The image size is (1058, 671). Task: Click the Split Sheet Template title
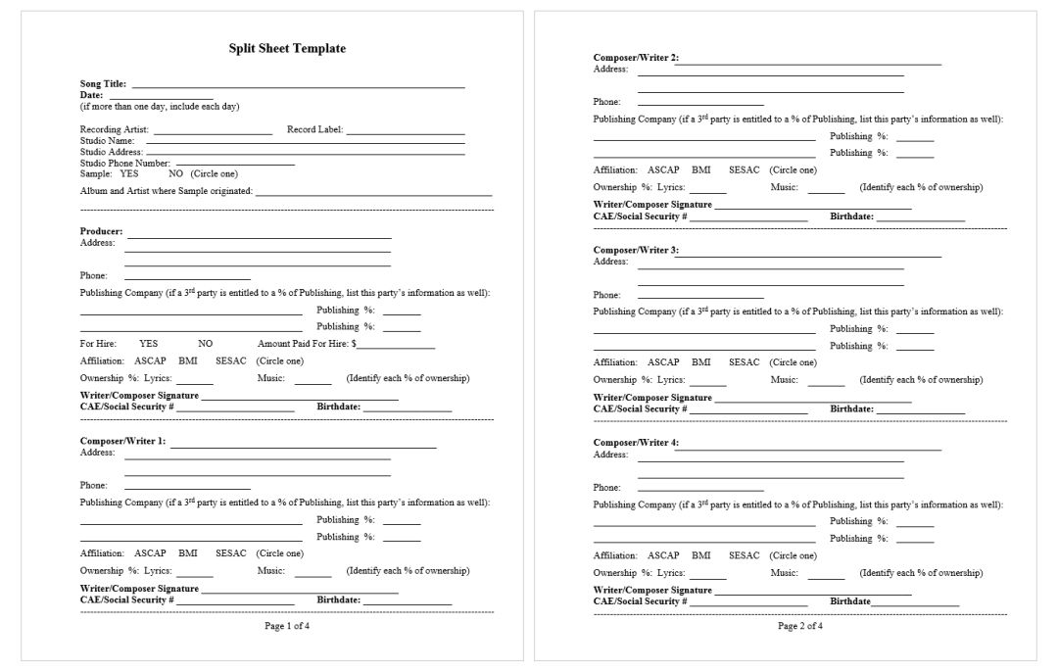287,49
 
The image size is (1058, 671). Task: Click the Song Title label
103,84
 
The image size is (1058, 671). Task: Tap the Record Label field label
314,129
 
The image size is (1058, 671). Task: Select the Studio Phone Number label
125,163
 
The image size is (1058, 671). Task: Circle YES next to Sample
129,173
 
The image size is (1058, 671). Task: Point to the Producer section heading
101,231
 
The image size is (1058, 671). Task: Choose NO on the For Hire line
205,344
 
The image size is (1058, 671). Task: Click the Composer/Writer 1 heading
122,441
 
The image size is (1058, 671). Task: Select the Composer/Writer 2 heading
635,58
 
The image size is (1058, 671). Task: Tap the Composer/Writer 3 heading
635,251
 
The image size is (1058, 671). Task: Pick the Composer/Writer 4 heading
635,443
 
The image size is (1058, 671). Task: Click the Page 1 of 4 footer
287,626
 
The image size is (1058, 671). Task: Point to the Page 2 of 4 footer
800,626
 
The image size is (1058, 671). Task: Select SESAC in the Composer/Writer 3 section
744,362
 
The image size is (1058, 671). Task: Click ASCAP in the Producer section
150,360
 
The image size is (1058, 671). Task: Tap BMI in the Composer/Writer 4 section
700,555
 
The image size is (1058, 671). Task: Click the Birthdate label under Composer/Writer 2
851,216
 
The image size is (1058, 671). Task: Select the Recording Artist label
114,129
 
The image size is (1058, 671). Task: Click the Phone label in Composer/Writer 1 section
94,485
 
